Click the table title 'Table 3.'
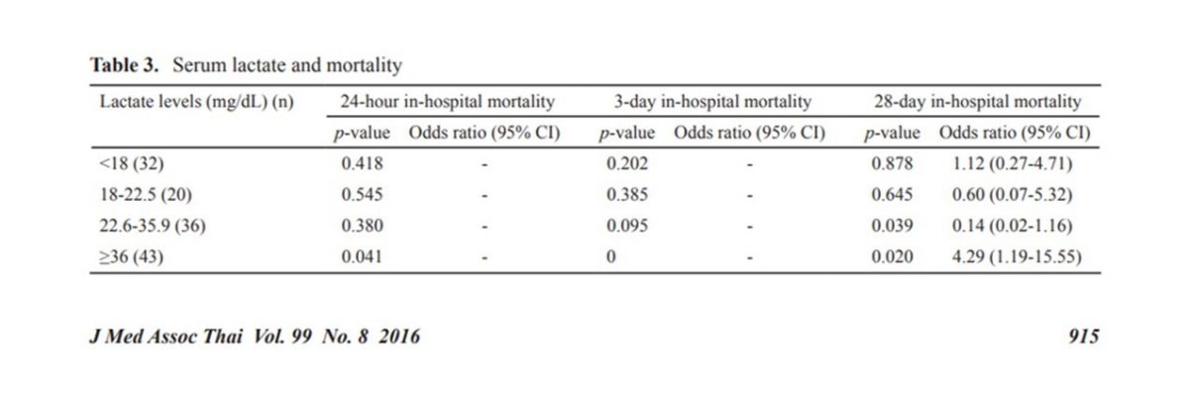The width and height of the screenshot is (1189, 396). coord(127,66)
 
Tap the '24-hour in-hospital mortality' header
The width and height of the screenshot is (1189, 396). coord(447,101)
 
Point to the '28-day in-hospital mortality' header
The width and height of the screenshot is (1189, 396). coord(977,101)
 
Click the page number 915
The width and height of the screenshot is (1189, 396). coord(1083,337)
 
